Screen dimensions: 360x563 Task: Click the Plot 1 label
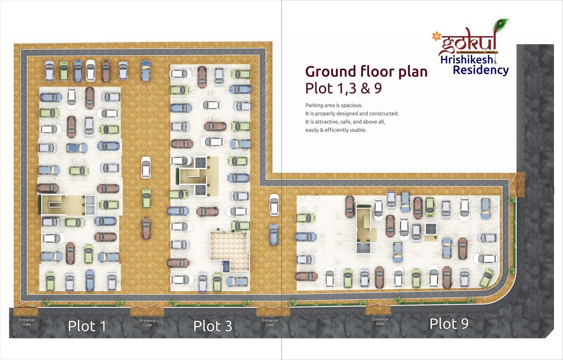87,326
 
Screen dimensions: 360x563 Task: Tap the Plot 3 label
213,326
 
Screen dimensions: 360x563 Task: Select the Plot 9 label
449,323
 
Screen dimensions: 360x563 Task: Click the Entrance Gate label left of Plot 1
27,322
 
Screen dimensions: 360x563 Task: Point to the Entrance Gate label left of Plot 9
380,322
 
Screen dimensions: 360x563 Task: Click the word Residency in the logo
481,70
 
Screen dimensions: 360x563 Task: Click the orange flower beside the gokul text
437,36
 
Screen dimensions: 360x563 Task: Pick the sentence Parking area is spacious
333,105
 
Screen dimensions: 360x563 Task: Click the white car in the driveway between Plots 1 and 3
146,167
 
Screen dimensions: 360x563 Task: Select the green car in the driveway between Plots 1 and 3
147,198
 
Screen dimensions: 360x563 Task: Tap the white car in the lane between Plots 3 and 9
274,205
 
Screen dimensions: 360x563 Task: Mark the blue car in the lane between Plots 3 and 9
274,234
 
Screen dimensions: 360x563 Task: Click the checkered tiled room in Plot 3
228,246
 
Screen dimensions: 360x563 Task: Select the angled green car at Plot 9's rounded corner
487,278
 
